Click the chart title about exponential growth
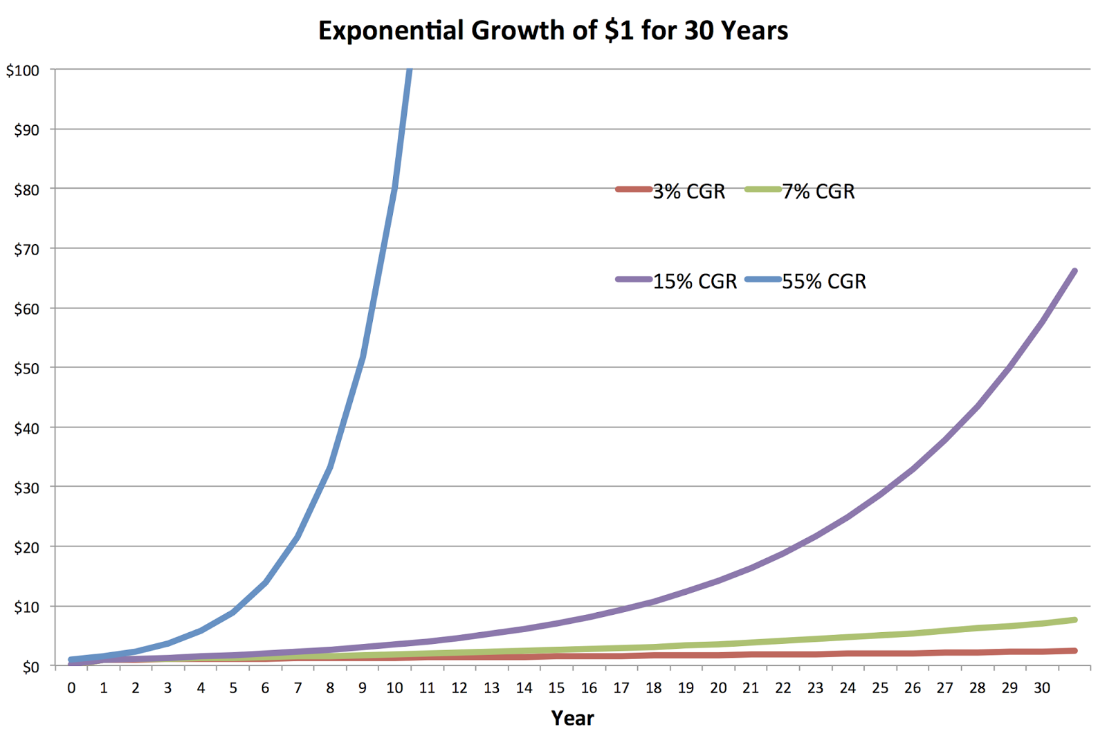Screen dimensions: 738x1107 (553, 31)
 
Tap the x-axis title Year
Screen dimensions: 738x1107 (572, 718)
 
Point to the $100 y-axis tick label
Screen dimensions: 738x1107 (23, 71)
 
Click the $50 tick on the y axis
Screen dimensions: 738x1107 (26, 369)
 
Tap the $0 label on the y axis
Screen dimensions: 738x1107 (30, 667)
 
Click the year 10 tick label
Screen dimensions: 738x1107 (394, 688)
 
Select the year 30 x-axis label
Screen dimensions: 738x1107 (1041, 688)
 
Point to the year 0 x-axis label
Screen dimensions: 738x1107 (71, 688)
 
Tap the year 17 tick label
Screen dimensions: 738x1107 (621, 688)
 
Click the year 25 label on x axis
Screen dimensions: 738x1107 (880, 688)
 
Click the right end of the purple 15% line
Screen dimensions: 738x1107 (1074, 271)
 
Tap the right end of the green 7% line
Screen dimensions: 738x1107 (1074, 620)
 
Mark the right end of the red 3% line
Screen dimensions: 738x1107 (1074, 651)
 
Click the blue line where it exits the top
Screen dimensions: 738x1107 (410, 71)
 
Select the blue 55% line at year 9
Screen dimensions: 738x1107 (363, 357)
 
